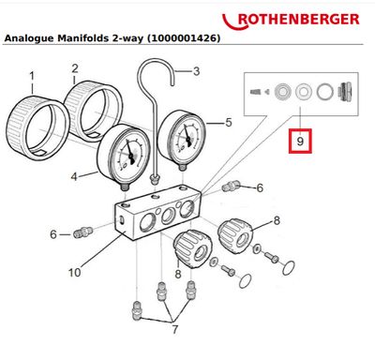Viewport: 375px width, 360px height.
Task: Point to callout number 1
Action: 31,74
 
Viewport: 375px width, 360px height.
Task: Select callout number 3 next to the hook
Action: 196,71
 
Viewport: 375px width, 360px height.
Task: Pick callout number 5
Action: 227,121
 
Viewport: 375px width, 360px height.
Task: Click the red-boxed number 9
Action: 299,142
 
